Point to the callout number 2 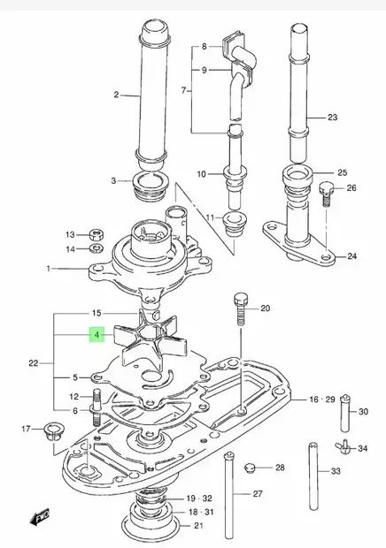[x=115, y=95]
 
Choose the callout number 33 [x=336, y=472]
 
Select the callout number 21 [x=197, y=527]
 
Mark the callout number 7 [x=184, y=90]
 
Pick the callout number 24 [x=351, y=256]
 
